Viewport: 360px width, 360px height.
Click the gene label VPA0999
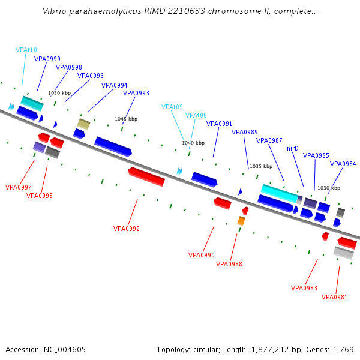[x=47, y=59]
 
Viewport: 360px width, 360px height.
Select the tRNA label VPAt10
[x=26, y=50]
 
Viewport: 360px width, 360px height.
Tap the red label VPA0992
[x=127, y=229]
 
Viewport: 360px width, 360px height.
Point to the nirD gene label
[x=293, y=148]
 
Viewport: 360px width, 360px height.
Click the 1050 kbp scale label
[x=59, y=93]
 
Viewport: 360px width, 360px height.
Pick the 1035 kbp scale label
[x=260, y=166]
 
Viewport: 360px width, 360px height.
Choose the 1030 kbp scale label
[x=328, y=188]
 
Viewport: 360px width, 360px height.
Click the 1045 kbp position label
[x=126, y=119]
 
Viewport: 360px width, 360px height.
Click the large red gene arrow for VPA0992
[x=146, y=176]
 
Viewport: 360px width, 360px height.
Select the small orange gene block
[x=241, y=221]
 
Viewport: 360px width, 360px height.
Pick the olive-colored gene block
[x=83, y=124]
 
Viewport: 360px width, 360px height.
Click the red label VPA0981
[x=334, y=297]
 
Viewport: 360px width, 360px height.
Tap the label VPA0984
[x=343, y=164]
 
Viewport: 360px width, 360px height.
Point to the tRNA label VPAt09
[x=172, y=107]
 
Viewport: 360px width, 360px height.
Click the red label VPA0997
[x=19, y=187]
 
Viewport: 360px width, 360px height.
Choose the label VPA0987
[x=269, y=140]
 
